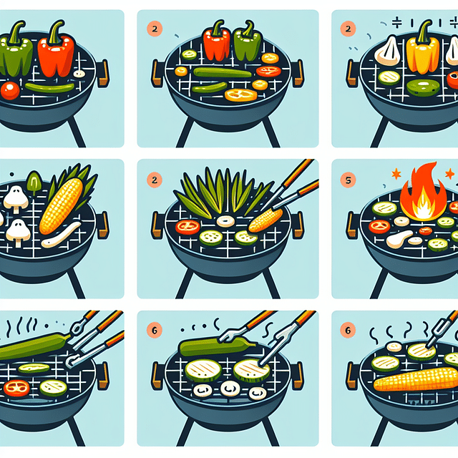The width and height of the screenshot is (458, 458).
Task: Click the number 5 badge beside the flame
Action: point(348,180)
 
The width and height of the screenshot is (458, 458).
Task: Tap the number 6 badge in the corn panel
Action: point(348,331)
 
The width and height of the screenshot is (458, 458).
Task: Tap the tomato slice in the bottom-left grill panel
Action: point(16,388)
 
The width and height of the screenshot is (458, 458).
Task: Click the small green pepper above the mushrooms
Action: point(33,183)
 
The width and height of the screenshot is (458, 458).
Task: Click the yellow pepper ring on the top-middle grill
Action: point(240,94)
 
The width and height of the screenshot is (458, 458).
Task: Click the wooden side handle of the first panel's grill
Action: point(104,72)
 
